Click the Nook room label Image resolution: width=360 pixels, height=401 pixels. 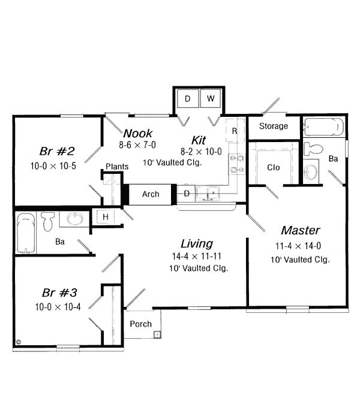pos(138,133)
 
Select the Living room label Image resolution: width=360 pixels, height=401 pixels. pos(196,243)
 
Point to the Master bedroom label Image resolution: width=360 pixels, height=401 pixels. pos(300,230)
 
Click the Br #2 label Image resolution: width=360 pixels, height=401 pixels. pos(52,150)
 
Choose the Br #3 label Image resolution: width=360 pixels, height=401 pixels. pos(58,293)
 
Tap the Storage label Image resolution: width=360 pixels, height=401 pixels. pos(273,126)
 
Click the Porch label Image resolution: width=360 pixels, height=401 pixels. pos(140,324)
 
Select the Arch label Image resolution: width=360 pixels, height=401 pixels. pos(151,194)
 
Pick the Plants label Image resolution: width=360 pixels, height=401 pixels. pos(116,167)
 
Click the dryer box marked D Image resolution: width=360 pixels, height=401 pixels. pos(188,98)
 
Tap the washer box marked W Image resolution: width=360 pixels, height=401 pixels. pos(211,98)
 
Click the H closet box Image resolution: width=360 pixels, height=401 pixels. pos(105,216)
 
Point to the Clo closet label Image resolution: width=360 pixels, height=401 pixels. pos(272,167)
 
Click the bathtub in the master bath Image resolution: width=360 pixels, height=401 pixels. pos(323,126)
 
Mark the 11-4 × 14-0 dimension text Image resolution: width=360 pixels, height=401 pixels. pos(298,246)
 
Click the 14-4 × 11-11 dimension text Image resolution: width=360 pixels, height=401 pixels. pos(197,257)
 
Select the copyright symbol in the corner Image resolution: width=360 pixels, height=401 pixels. pos(19,343)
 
